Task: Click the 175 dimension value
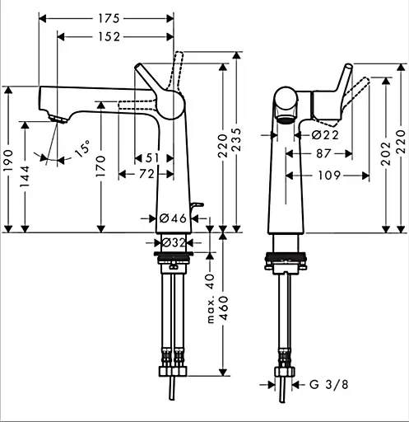[106, 16]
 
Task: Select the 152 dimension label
[107, 36]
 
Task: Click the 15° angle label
[81, 150]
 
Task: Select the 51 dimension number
[153, 158]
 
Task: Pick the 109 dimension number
[328, 174]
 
